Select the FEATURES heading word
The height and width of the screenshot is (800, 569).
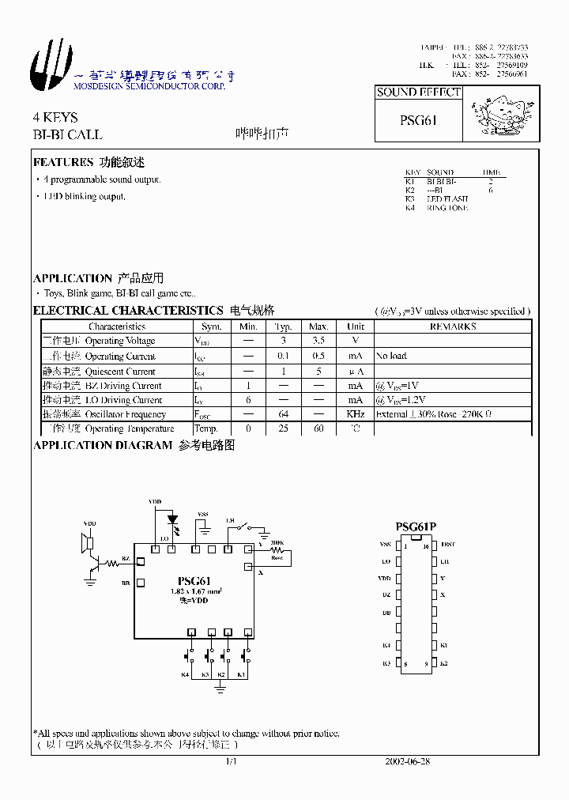pyautogui.click(x=63, y=163)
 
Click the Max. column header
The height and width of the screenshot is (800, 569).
pyautogui.click(x=318, y=326)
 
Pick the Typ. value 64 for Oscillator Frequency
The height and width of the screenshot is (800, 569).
pyautogui.click(x=283, y=414)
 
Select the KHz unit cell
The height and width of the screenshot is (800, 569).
pyautogui.click(x=356, y=414)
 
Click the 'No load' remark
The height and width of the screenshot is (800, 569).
pyautogui.click(x=391, y=357)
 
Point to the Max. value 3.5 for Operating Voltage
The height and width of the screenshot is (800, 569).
pyautogui.click(x=318, y=341)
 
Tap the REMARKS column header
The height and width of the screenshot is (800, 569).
pyautogui.click(x=453, y=326)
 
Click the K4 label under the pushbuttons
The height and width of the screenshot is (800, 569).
pyautogui.click(x=185, y=674)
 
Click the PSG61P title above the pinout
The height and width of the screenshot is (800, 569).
pyautogui.click(x=416, y=527)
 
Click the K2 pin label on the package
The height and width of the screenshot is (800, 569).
pyautogui.click(x=444, y=664)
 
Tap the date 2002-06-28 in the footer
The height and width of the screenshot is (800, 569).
pyautogui.click(x=407, y=762)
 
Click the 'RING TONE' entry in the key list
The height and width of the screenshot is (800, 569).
pyautogui.click(x=447, y=208)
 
